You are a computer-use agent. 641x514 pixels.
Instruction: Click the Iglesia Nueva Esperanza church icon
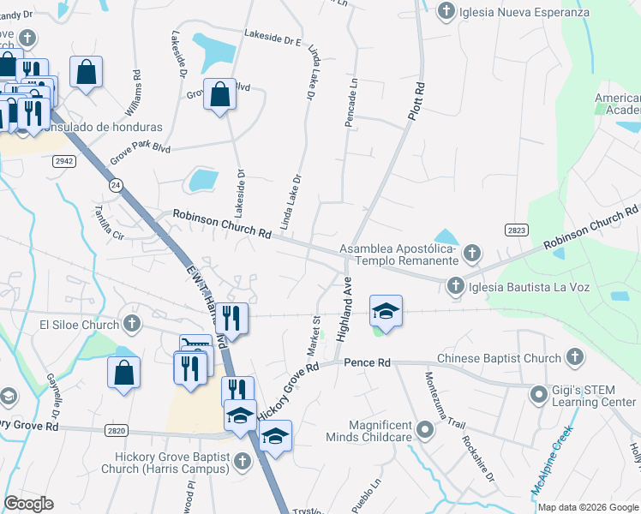(x=446, y=12)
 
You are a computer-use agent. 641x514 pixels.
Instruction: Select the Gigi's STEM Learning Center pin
(x=538, y=395)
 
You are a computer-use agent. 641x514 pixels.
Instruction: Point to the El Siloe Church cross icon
(x=131, y=324)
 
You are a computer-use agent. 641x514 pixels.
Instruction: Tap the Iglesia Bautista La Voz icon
(x=455, y=286)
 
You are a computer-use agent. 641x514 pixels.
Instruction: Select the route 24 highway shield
(x=115, y=185)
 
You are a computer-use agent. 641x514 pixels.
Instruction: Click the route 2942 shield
(x=64, y=160)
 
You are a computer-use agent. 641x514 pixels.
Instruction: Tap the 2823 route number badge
(x=516, y=230)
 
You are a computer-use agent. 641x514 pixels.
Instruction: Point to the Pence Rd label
(x=367, y=363)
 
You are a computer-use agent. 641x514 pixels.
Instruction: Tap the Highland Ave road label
(x=348, y=314)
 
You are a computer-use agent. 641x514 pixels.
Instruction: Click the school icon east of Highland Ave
(x=386, y=310)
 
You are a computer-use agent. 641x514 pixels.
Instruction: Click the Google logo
(x=28, y=504)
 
